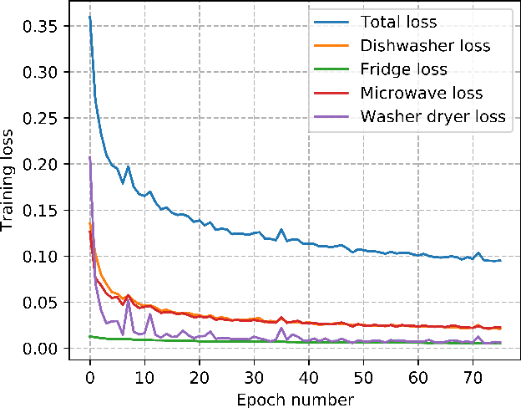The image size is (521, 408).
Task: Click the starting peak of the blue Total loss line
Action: [x=89, y=17]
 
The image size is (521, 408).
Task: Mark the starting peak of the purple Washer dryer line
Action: [x=89, y=157]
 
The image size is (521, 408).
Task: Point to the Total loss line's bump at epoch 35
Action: [x=281, y=229]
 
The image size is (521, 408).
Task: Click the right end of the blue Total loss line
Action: [x=500, y=260]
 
